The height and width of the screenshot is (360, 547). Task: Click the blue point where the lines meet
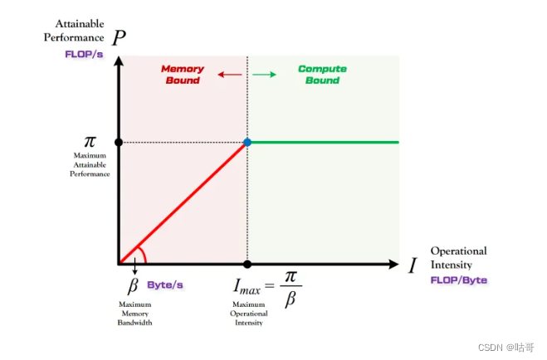247,142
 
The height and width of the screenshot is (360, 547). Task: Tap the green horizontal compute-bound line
324,142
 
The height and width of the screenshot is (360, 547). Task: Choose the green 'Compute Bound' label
322,75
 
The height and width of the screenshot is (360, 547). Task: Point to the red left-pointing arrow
229,75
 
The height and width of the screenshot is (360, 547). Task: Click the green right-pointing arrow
264,75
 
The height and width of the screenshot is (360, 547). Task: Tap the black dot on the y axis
119,142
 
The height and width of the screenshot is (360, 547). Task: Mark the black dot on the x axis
247,265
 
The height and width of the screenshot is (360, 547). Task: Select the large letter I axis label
413,265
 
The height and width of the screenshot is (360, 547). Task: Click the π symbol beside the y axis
90,143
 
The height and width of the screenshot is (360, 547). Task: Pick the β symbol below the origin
132,287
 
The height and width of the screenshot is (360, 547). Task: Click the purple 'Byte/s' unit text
165,285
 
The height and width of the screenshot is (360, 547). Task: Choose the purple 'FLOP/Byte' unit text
459,280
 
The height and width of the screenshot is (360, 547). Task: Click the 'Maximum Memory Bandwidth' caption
134,314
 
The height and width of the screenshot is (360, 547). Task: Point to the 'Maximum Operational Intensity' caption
247,314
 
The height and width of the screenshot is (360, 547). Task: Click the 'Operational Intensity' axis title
458,259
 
